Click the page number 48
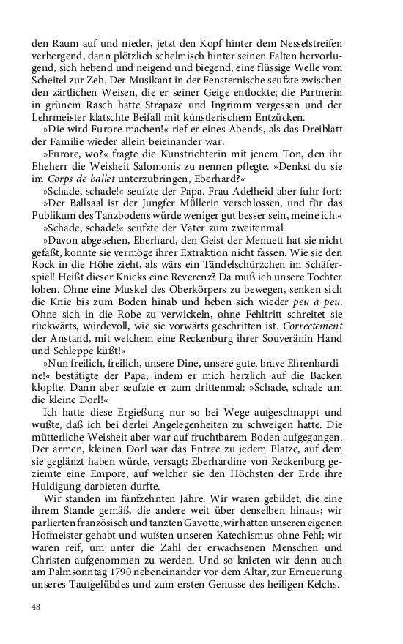[36, 606]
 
